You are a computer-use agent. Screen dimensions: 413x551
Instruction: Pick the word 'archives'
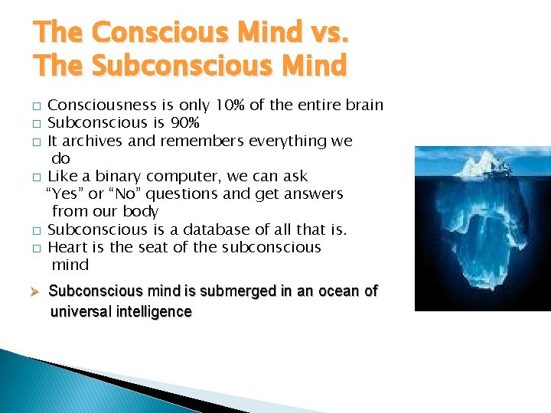[x=93, y=141]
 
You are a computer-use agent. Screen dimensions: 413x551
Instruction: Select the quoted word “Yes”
[x=64, y=193]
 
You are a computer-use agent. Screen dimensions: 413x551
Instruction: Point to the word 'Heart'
[x=67, y=247]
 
